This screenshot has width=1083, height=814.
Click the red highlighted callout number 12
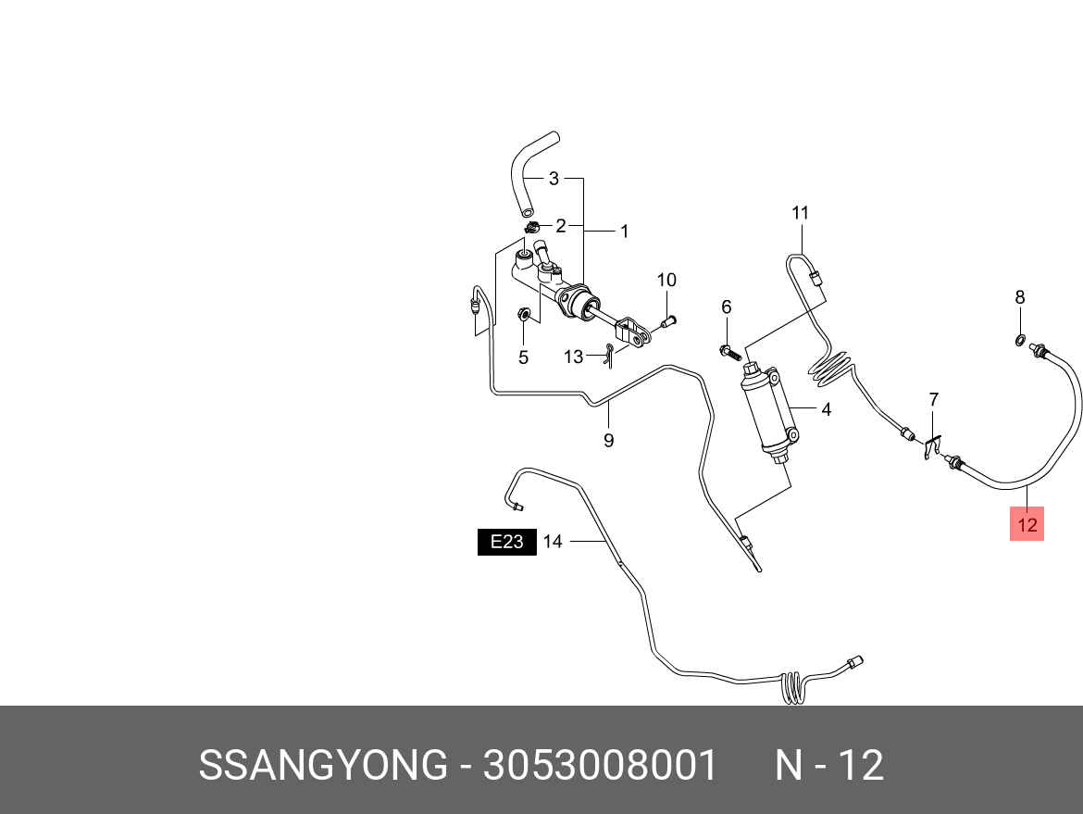point(1027,524)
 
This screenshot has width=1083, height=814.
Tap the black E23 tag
point(506,542)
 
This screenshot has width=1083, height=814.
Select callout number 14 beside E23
point(553,542)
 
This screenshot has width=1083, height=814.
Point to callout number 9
point(608,441)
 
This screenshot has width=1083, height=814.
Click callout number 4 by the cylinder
point(826,408)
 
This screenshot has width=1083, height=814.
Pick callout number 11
point(800,213)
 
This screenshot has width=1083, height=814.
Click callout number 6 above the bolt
point(727,307)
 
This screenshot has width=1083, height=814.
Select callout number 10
point(666,280)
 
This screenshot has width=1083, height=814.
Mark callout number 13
point(574,357)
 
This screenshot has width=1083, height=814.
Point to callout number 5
point(523,357)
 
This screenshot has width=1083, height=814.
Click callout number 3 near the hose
point(554,178)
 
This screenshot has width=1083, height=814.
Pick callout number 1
point(624,231)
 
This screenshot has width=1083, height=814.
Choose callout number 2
point(560,225)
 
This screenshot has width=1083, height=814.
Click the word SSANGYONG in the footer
point(322,766)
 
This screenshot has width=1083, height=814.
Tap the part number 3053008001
point(599,766)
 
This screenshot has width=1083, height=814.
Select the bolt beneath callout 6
point(728,351)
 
